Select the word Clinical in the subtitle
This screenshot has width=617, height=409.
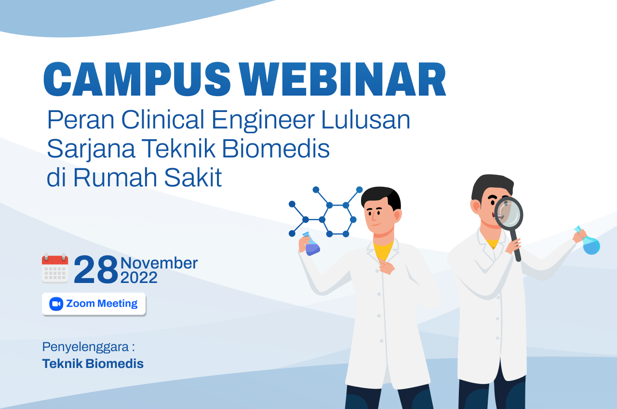[164, 120]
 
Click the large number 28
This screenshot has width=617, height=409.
[95, 269]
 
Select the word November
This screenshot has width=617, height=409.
[159, 263]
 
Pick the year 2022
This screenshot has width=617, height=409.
[139, 278]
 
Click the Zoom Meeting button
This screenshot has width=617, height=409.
[94, 304]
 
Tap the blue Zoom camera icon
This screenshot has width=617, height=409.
[56, 304]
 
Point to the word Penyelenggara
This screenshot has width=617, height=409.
[87, 347]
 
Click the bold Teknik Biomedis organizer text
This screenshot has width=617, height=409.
[93, 364]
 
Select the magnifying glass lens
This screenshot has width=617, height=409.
[509, 213]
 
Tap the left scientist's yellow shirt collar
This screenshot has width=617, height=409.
[384, 250]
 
